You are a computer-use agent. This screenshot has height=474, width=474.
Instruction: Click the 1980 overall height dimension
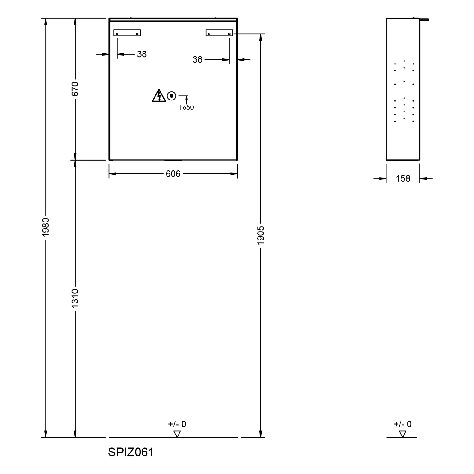pos(46,227)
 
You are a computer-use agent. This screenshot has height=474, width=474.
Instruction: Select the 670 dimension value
pos(75,89)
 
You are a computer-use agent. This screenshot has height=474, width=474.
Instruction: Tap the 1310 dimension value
pos(75,298)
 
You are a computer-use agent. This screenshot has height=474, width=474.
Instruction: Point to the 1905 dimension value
pos(261,235)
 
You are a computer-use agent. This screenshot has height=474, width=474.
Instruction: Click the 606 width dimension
pos(173,174)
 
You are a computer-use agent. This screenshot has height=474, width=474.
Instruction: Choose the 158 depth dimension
pos(403,179)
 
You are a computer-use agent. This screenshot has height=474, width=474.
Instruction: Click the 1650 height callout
pos(186,107)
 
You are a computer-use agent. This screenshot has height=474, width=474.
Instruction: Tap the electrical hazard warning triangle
pos(159,96)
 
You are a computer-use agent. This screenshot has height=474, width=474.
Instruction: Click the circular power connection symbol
pos(172,96)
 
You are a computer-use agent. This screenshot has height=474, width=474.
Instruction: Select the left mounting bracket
pos(127,33)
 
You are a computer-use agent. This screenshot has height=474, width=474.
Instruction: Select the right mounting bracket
pos(219,33)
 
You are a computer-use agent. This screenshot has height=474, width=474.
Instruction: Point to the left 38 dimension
pos(142,54)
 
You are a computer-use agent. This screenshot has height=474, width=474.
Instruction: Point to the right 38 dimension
pos(197,59)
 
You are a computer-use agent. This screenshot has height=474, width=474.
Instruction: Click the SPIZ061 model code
pos(131,452)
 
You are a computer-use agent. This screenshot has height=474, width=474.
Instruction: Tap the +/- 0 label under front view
pos(177,424)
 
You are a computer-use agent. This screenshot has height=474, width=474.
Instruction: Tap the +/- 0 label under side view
pos(403,424)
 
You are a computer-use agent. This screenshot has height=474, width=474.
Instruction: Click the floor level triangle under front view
pos(177,434)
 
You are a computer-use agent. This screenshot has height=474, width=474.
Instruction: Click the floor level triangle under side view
pos(403,434)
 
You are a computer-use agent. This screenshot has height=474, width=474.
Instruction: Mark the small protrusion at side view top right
pos(424,20)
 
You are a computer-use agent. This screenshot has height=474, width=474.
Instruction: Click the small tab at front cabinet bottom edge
pos(173,161)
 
